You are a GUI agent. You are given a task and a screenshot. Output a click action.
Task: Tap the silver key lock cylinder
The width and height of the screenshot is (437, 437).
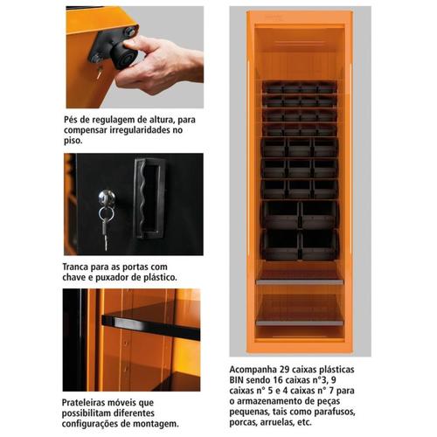pos(105,198)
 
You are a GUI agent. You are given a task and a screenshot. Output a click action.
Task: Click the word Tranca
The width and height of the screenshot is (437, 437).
pos(82,265)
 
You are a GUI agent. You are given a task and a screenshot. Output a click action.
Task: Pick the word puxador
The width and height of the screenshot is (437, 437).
pos(114,277)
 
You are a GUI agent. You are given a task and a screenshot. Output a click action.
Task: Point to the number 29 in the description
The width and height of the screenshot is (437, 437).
pos(292,367)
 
